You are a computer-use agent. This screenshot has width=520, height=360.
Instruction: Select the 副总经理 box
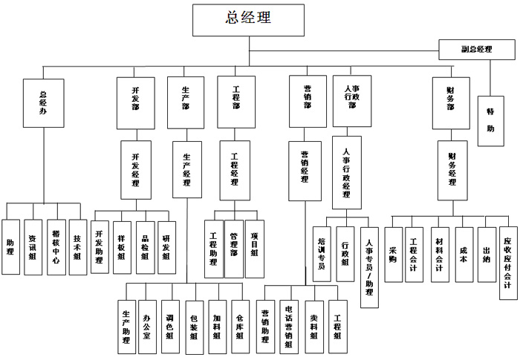coord(476,49)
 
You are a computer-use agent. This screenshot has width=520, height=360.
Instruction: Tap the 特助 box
coord(490,121)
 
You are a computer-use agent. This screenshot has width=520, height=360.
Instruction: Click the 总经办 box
coord(42,102)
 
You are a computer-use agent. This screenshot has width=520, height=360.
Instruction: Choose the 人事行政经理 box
coord(346,173)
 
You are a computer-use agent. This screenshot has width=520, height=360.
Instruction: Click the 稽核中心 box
coord(55,247)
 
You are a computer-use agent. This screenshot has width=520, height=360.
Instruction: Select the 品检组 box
coord(146,247)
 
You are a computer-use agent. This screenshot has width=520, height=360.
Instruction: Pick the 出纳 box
coord(487,254)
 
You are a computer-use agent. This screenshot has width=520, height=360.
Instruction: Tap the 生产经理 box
coord(186,171)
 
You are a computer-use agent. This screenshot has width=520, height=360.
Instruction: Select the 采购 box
coord(393,254)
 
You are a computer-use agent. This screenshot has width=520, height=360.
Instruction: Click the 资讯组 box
coord(33,247)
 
